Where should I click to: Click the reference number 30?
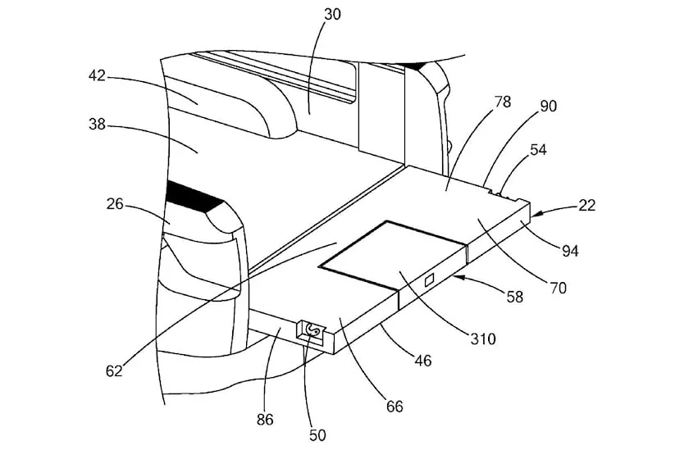click(332, 15)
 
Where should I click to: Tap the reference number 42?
click(97, 76)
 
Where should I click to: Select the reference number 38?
click(97, 125)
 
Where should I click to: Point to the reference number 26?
click(115, 204)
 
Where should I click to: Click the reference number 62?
click(114, 371)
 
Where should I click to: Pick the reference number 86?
click(265, 420)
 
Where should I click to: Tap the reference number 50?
click(317, 435)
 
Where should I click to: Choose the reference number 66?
click(395, 407)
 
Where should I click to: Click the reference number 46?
click(423, 361)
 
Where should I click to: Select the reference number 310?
click(483, 339)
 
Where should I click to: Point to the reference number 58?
click(514, 297)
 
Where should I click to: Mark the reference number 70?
click(558, 289)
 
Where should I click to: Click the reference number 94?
click(570, 251)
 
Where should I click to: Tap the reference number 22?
click(586, 205)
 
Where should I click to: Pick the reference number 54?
click(538, 150)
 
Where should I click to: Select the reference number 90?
click(548, 106)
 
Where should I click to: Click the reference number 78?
click(503, 102)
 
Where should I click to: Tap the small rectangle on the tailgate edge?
click(429, 279)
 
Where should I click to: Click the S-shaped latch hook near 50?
click(313, 329)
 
